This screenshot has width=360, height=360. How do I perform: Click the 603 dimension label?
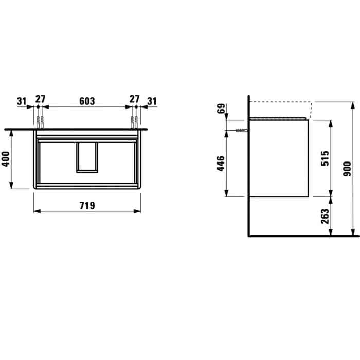point(87,101)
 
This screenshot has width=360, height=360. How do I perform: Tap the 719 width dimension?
point(87,206)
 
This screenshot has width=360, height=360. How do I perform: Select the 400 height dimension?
point(6,159)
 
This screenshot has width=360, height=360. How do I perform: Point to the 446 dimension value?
point(221,163)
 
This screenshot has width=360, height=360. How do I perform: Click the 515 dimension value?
point(325,158)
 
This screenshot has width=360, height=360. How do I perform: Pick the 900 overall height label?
point(347,169)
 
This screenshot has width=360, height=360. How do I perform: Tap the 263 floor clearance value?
point(325,216)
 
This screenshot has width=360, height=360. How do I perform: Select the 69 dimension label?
point(221,109)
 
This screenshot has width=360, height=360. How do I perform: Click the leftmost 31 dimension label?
point(22,101)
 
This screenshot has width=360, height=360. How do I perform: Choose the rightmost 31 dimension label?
point(152,101)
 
